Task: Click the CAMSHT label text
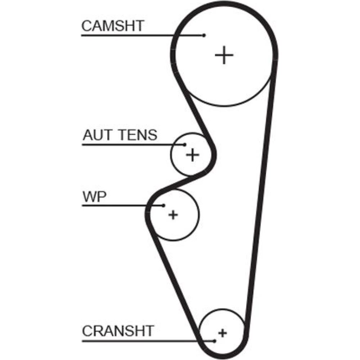[112, 26]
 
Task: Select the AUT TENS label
[120, 135]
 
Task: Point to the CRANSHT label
[118, 330]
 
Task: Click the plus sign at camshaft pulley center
[224, 55]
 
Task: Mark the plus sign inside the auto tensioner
[193, 155]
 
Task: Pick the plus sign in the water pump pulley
[173, 215]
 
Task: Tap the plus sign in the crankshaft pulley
[223, 332]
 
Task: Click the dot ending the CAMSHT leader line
[204, 35]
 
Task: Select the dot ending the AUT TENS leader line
[185, 145]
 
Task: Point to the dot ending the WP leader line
[164, 206]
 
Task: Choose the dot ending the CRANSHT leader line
[215, 341]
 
